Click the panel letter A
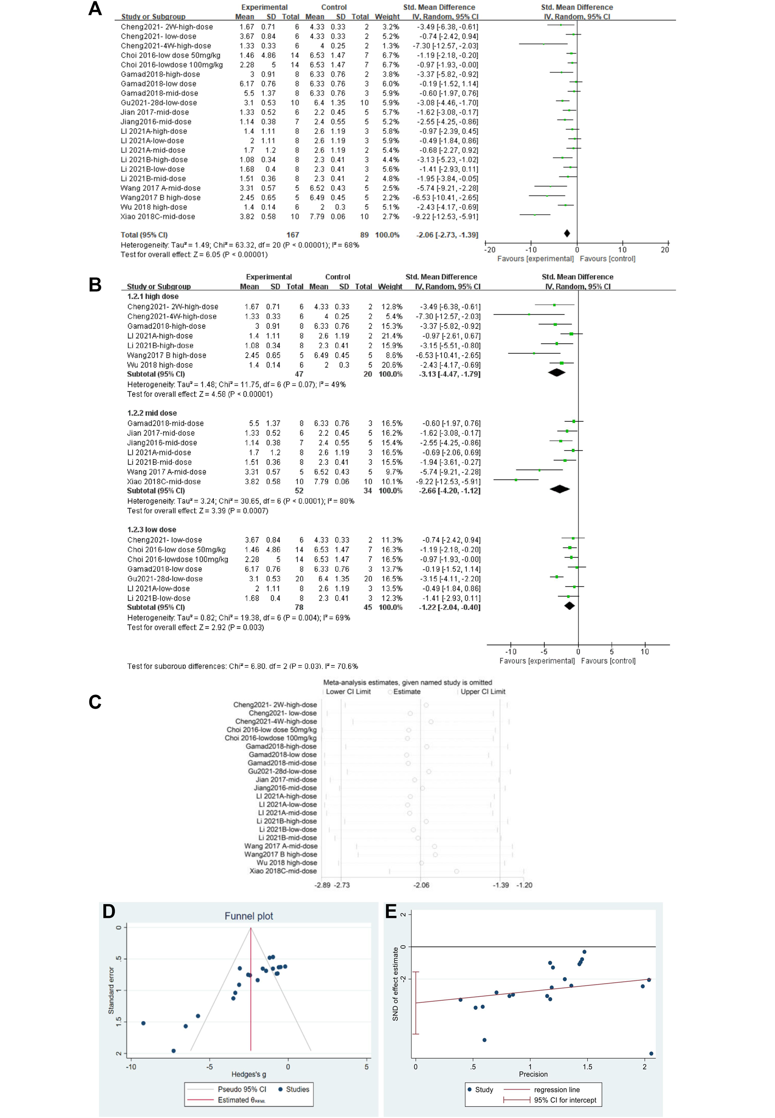(95, 9)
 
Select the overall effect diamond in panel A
(567, 233)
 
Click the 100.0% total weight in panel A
(387, 235)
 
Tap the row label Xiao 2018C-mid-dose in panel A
(158, 217)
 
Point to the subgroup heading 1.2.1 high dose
(153, 296)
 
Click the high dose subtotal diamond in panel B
(557, 373)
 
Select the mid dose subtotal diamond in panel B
(559, 489)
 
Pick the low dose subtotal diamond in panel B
(570, 606)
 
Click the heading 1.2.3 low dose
(152, 530)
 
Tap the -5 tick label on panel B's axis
(544, 652)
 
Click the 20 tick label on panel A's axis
(665, 250)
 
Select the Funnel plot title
(249, 916)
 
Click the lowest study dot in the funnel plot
(173, 1051)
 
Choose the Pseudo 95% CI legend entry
(242, 1090)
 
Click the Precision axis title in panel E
(533, 1074)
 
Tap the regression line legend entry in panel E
(557, 1090)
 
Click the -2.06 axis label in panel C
(421, 885)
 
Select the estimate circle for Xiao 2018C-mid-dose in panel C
(457, 872)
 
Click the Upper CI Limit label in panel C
(483, 692)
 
